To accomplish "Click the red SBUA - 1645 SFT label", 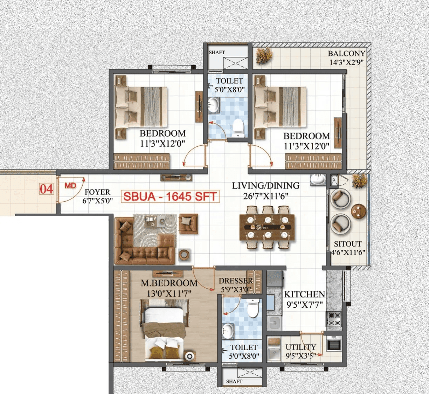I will pyautogui.click(x=170, y=196).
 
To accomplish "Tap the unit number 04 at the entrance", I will pyautogui.click(x=46, y=189).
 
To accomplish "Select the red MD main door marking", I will pyautogui.click(x=70, y=186).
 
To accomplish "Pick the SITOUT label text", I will pyautogui.click(x=347, y=244).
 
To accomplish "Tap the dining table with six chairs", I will pyautogui.click(x=267, y=227).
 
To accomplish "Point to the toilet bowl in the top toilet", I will pyautogui.click(x=238, y=128).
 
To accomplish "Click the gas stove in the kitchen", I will pyautogui.click(x=334, y=319).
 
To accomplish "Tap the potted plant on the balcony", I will pyautogui.click(x=264, y=56).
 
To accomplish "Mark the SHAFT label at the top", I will pyautogui.click(x=217, y=53).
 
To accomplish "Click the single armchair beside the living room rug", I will pyautogui.click(x=188, y=223).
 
